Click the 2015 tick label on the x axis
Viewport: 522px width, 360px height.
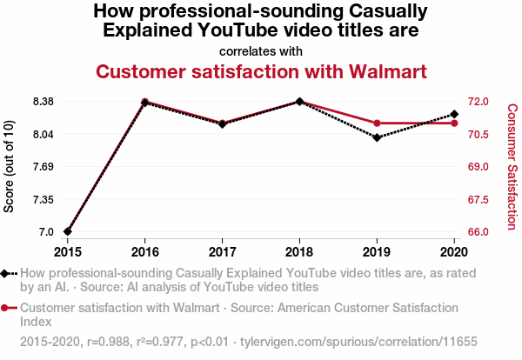pos(67,252)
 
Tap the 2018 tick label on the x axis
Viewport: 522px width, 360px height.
pos(299,252)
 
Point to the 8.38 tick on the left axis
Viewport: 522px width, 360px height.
pos(43,101)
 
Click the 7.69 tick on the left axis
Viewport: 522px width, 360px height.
pos(43,166)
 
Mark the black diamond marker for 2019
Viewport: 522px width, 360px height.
pos(377,137)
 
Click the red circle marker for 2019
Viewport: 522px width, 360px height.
pos(377,123)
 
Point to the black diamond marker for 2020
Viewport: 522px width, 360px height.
pos(454,114)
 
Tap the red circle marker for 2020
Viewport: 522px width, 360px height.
pos(454,123)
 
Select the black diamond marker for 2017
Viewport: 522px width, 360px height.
pos(222,124)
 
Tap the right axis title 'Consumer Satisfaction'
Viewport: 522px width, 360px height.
pos(512,166)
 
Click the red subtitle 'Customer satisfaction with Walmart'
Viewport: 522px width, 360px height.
pos(261,70)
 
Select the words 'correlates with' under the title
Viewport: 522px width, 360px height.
pos(261,51)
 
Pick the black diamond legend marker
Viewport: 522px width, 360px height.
pos(6,273)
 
